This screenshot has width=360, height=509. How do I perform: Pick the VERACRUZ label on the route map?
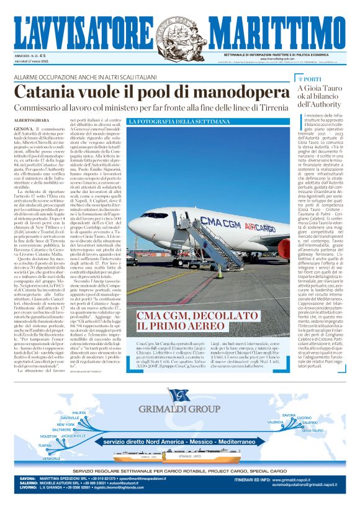tap(52, 459)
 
